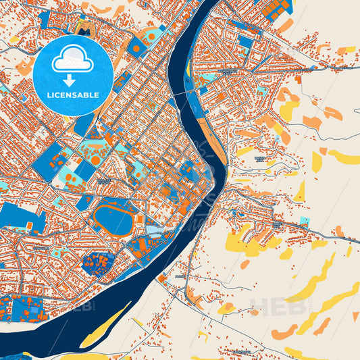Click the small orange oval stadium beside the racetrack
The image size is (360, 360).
[x=138, y=220]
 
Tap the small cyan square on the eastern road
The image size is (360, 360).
[x=304, y=221]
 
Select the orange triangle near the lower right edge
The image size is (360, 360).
[x=355, y=316]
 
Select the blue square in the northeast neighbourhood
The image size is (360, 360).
[x=245, y=42]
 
